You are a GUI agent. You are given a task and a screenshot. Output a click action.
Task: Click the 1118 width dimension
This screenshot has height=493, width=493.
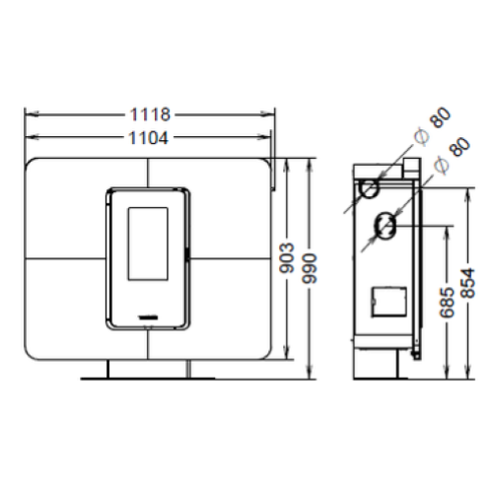click(148, 113)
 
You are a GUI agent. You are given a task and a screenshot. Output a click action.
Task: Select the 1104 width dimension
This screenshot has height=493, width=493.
click(148, 136)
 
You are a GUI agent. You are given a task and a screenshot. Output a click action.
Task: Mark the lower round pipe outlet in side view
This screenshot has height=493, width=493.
click(385, 227)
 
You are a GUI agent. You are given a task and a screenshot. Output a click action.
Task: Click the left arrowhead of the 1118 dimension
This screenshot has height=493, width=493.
click(29, 113)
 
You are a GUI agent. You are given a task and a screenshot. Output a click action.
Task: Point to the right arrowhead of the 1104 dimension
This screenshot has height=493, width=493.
click(267, 136)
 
